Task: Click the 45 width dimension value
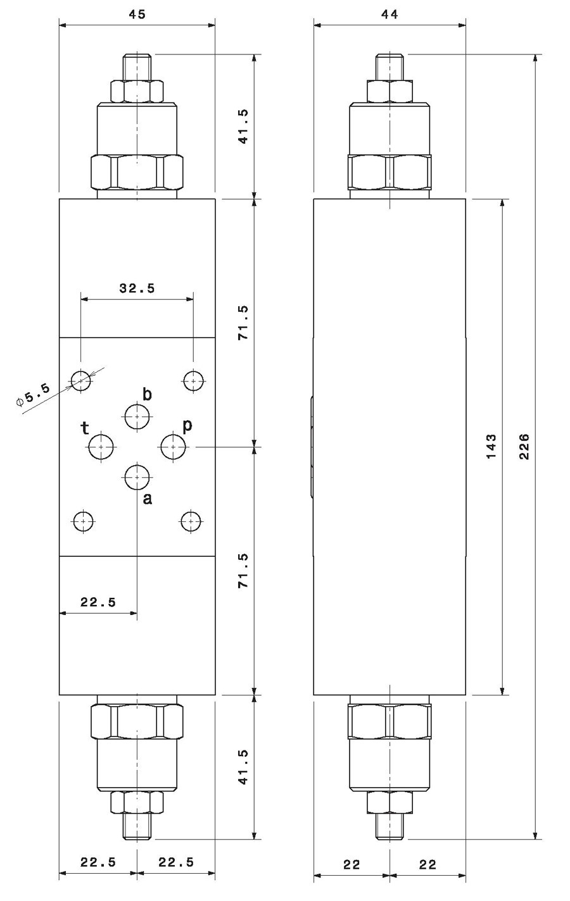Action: click(x=137, y=15)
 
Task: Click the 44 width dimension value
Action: click(x=389, y=15)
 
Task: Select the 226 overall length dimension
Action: click(x=524, y=447)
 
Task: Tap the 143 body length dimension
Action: click(x=491, y=447)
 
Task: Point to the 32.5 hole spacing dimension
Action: click(x=137, y=288)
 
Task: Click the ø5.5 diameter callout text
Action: click(x=33, y=395)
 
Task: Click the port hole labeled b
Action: click(x=137, y=417)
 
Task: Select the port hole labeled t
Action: click(x=101, y=447)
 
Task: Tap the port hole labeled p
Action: click(x=173, y=447)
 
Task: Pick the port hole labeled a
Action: click(x=137, y=478)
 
